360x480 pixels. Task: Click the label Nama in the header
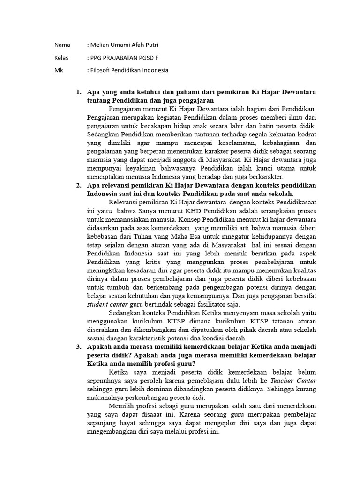[x=62, y=45]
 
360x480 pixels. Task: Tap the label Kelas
[x=61, y=58]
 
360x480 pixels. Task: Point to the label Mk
[x=58, y=70]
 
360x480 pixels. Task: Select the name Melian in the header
[x=101, y=45]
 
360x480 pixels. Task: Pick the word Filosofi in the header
[x=102, y=70]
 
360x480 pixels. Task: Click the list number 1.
[x=78, y=92]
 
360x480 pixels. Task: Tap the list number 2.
[x=78, y=185]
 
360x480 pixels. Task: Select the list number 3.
[x=78, y=346]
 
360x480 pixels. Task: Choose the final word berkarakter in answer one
[x=266, y=177]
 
